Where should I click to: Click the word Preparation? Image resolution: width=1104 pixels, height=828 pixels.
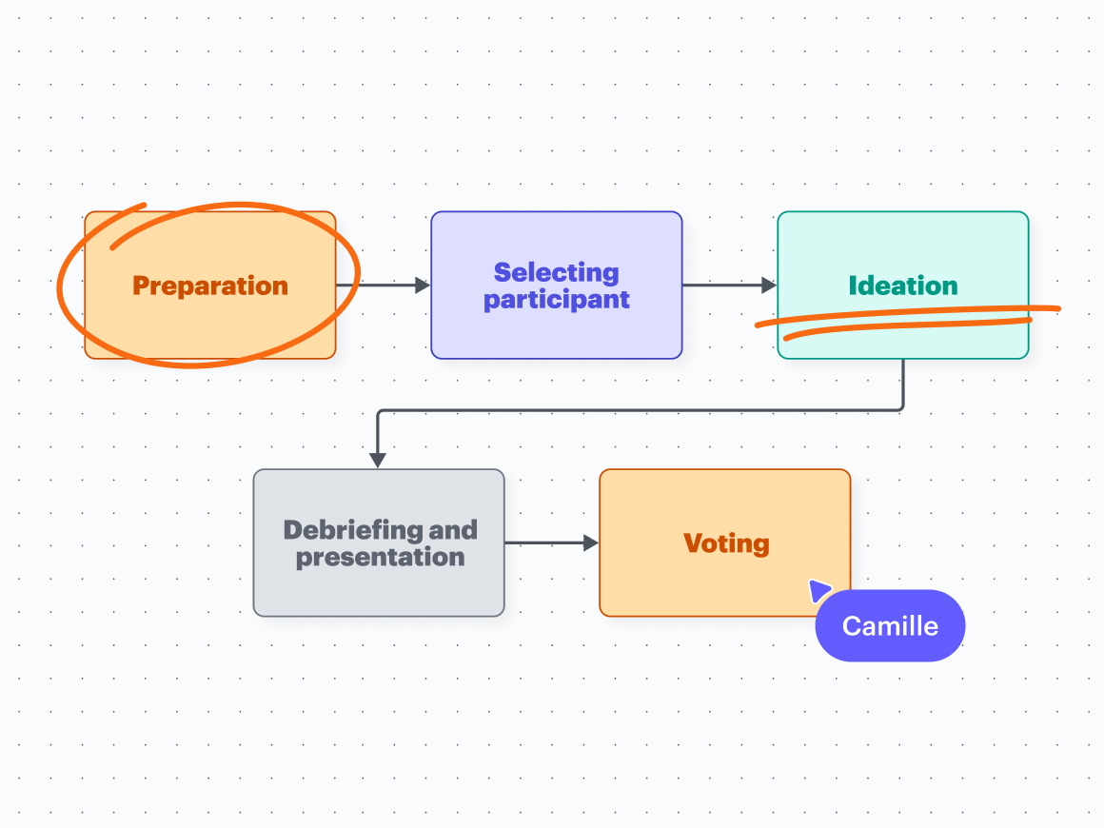(210, 286)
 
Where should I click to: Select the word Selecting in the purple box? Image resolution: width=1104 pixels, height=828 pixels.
(556, 273)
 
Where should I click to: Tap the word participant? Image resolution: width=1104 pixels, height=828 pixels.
(556, 300)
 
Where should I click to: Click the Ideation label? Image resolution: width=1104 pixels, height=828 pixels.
(902, 286)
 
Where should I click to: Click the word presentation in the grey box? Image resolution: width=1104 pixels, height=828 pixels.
(380, 557)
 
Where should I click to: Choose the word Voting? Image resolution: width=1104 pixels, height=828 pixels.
(725, 543)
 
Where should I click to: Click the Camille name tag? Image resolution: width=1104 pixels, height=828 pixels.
(890, 626)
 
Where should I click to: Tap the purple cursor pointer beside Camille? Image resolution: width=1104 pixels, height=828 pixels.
(818, 590)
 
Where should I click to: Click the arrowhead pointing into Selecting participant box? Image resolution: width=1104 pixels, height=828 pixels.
(423, 285)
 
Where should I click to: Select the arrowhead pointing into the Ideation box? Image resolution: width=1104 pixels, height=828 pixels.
(769, 285)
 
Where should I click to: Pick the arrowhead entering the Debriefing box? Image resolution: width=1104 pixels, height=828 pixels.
(378, 460)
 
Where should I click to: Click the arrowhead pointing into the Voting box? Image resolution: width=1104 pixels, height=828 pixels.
(590, 543)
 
